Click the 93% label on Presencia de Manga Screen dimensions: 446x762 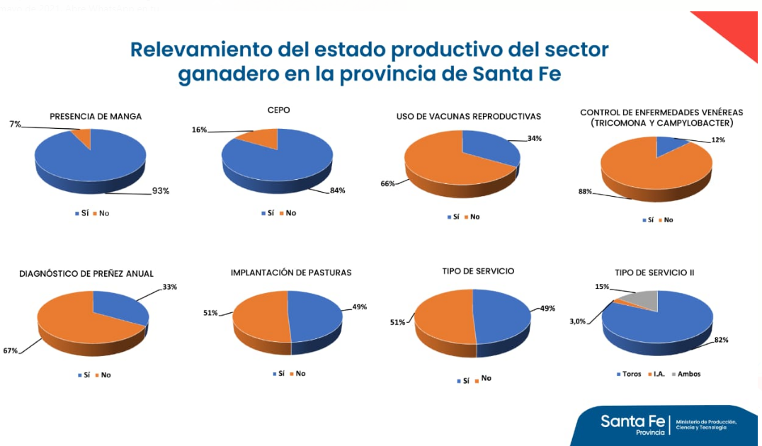pos(160,191)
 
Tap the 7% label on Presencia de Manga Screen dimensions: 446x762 pos(16,124)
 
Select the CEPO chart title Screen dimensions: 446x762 pos(278,110)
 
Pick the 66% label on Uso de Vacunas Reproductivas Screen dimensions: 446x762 pos(387,183)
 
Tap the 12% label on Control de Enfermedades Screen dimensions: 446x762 pos(718,140)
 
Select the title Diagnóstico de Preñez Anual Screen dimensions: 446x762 pos(86,273)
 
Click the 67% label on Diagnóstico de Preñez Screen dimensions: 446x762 pos(10,350)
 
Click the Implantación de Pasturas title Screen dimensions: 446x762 pos(290,273)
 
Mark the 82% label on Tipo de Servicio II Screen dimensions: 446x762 pos(721,340)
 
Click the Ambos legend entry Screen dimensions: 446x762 pos(688,374)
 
